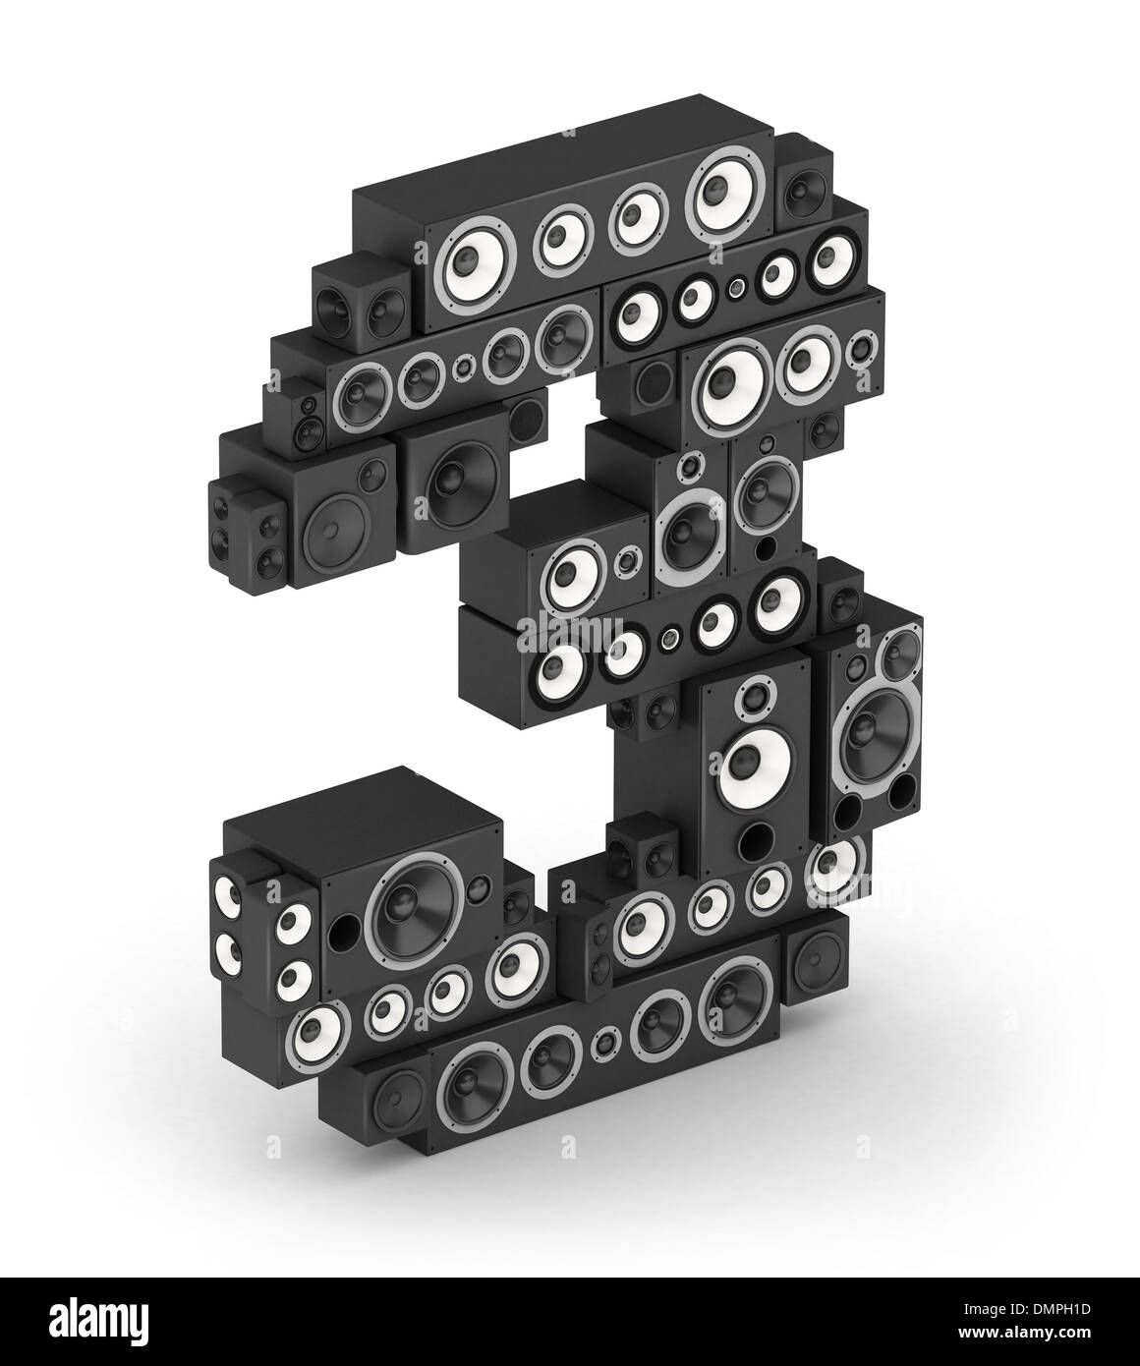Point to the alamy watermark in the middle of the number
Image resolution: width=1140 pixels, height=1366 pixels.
click(x=569, y=633)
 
